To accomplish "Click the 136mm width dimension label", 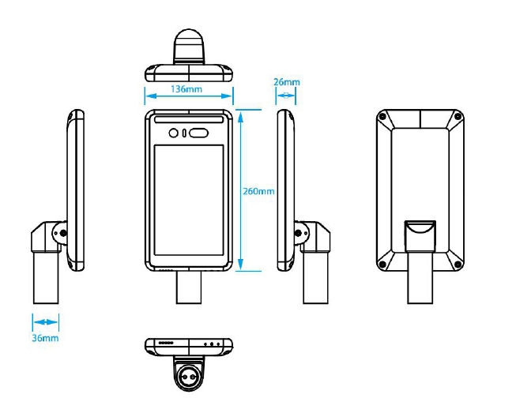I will [x=187, y=88].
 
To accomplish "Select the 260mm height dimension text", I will [x=259, y=192].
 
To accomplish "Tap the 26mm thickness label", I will [x=286, y=82].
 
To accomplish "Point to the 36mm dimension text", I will [x=45, y=338].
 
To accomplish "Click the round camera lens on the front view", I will [x=173, y=133].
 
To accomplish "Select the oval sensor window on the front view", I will [x=198, y=133].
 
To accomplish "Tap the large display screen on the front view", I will [x=187, y=201].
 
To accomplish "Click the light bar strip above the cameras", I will [x=187, y=121].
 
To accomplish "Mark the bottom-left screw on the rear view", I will [x=383, y=264].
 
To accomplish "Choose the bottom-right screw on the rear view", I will [x=457, y=264].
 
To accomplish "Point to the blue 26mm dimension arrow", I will [x=286, y=96].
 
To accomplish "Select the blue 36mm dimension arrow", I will [x=45, y=322].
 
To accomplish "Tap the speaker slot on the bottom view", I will [x=166, y=344].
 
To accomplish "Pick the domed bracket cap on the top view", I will [x=187, y=43].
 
